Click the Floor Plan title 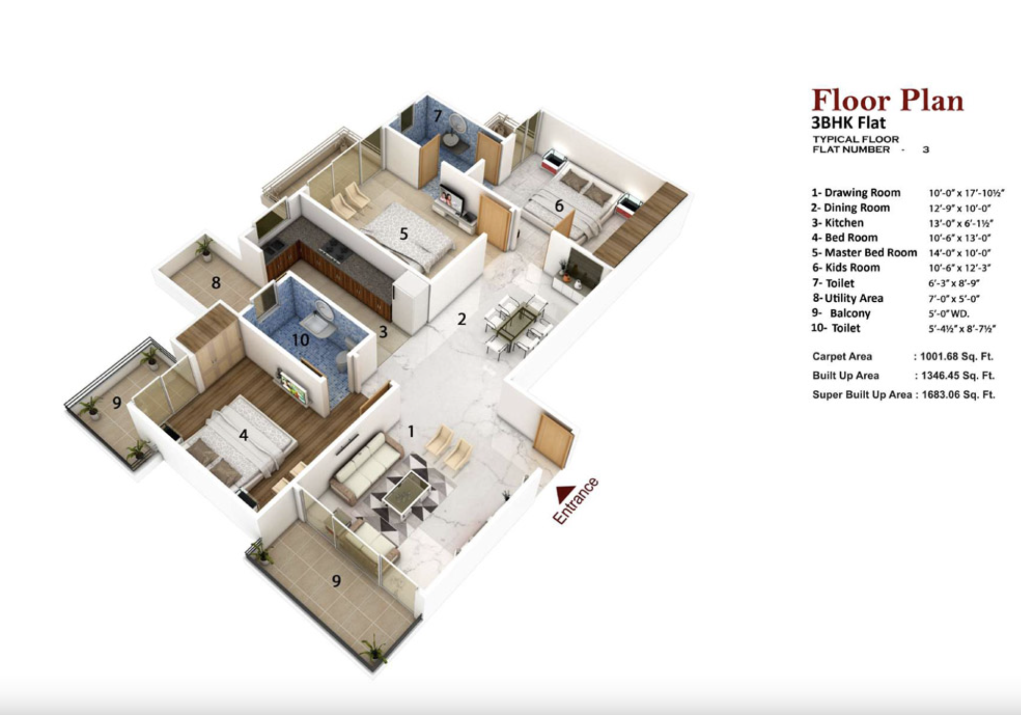[x=887, y=101]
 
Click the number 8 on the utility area [x=216, y=283]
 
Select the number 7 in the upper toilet [x=438, y=116]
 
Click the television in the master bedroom [x=451, y=200]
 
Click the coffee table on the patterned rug [x=407, y=492]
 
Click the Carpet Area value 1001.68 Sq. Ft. [x=956, y=357]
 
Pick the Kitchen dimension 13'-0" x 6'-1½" [x=961, y=223]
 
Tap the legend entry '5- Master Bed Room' [x=864, y=253]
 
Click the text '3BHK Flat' [x=848, y=123]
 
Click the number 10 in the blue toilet [x=300, y=340]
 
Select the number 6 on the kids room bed [x=559, y=206]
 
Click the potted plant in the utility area [x=204, y=249]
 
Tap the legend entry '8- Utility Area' [x=848, y=299]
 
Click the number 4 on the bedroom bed [x=243, y=435]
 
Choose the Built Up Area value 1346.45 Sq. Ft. [x=957, y=376]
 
